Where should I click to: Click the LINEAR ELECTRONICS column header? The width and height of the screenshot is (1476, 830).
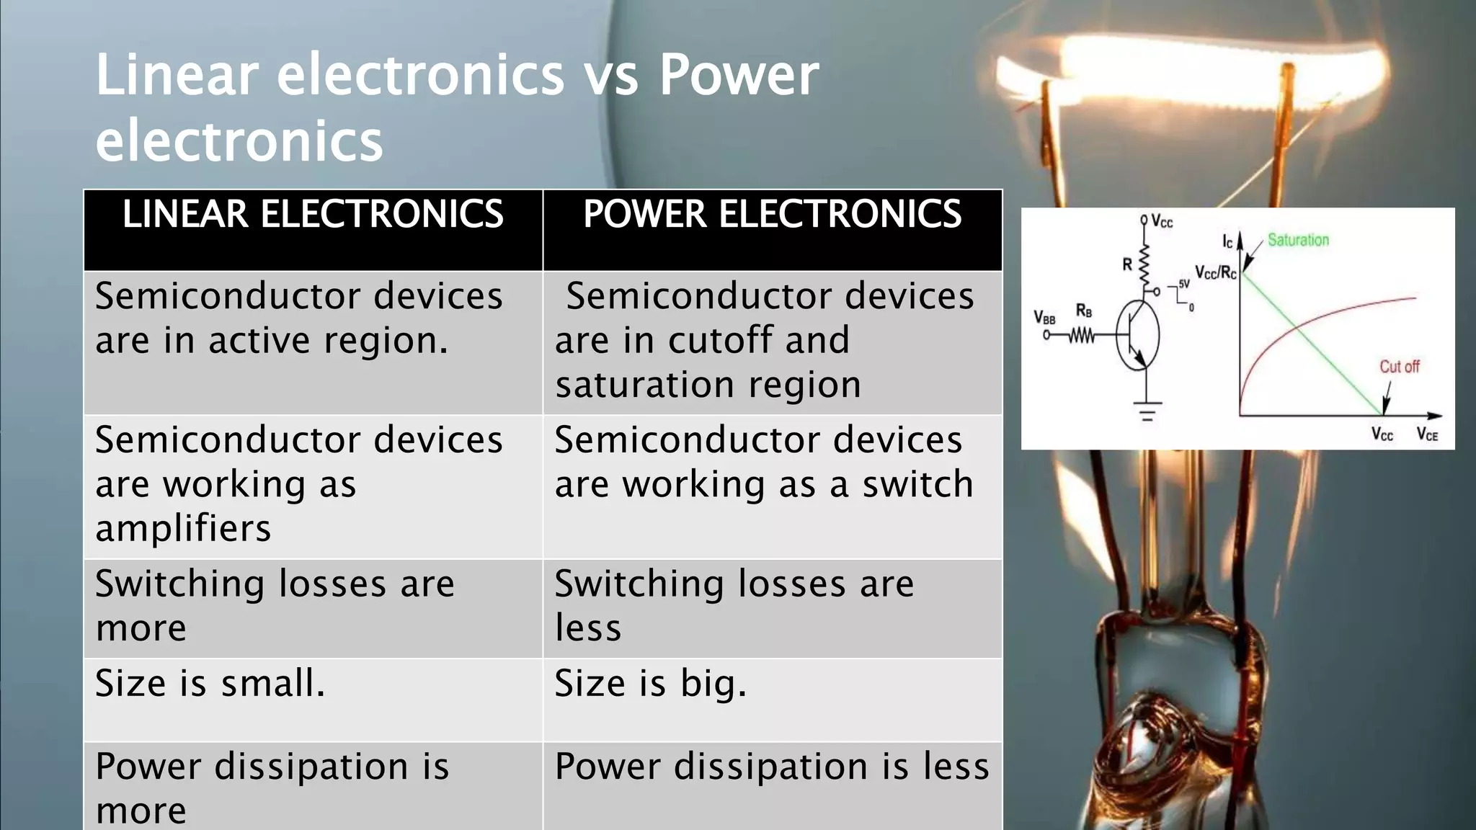[x=313, y=215]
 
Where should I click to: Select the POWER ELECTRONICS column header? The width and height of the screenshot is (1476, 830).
[x=772, y=215]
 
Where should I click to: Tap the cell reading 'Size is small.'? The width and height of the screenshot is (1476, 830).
[x=210, y=683]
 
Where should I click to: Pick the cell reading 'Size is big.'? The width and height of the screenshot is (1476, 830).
[x=650, y=683]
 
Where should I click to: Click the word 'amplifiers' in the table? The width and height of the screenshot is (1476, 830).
[x=183, y=528]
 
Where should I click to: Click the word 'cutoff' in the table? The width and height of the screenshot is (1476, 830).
[x=721, y=340]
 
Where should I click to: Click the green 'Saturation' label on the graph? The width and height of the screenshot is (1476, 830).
[x=1298, y=240]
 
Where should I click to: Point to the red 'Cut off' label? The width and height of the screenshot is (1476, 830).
[x=1399, y=367]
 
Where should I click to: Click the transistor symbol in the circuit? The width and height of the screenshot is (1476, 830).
[x=1137, y=336]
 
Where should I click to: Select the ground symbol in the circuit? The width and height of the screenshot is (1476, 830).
[x=1147, y=411]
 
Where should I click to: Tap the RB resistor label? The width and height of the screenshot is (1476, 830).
[x=1084, y=311]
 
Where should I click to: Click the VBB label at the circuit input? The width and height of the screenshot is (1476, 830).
[x=1044, y=318]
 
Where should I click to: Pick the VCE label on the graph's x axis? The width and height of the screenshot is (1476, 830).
[x=1427, y=434]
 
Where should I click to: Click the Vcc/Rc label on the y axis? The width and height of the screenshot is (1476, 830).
[x=1215, y=272]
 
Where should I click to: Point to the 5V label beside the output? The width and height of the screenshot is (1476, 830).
[x=1183, y=284]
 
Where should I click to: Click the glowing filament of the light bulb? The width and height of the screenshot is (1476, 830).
[x=1189, y=79]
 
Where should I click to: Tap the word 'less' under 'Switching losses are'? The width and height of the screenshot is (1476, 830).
[x=588, y=628]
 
